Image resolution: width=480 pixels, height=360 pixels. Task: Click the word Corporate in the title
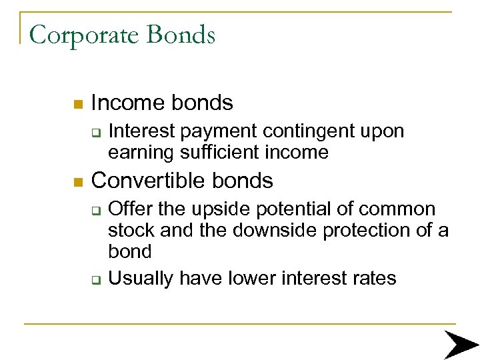[x=85, y=35]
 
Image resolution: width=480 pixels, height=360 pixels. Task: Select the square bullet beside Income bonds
[x=77, y=104]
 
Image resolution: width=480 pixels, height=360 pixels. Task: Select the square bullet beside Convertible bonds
[x=77, y=181]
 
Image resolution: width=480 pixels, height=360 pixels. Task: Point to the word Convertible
[x=147, y=180]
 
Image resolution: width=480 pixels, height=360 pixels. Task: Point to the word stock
[x=130, y=231]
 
